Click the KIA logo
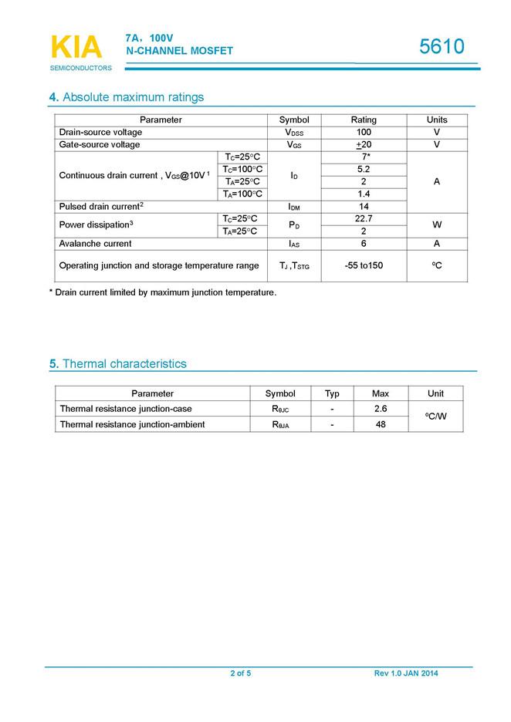click(76, 48)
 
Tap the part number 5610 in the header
click(442, 47)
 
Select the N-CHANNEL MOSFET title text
click(180, 51)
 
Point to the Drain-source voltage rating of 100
click(364, 133)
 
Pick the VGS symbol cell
click(294, 145)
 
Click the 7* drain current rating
click(364, 157)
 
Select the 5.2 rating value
click(364, 170)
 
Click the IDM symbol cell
click(294, 207)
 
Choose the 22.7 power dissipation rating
click(364, 219)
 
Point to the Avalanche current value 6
click(364, 244)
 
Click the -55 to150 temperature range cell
click(364, 266)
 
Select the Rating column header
click(364, 120)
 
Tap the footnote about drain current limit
click(163, 292)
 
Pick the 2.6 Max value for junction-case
click(380, 409)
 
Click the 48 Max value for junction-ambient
click(380, 424)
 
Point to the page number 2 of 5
click(240, 673)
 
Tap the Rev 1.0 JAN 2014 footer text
click(406, 673)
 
